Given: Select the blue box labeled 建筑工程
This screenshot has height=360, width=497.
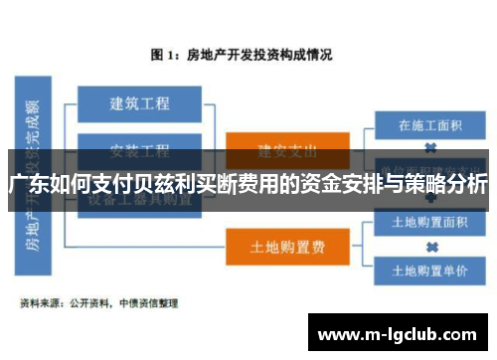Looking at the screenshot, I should point(139,102).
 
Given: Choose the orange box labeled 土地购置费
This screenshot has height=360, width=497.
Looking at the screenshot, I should point(287,243).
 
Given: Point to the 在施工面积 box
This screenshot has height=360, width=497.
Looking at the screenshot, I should point(429,125).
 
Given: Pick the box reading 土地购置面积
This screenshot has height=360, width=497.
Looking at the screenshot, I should point(430,221).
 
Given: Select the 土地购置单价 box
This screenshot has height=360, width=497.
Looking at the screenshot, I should point(430,270).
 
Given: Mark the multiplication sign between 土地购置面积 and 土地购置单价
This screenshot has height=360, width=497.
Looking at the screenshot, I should point(430,246).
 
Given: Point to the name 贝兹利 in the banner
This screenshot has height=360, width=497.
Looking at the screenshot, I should point(159,185).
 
